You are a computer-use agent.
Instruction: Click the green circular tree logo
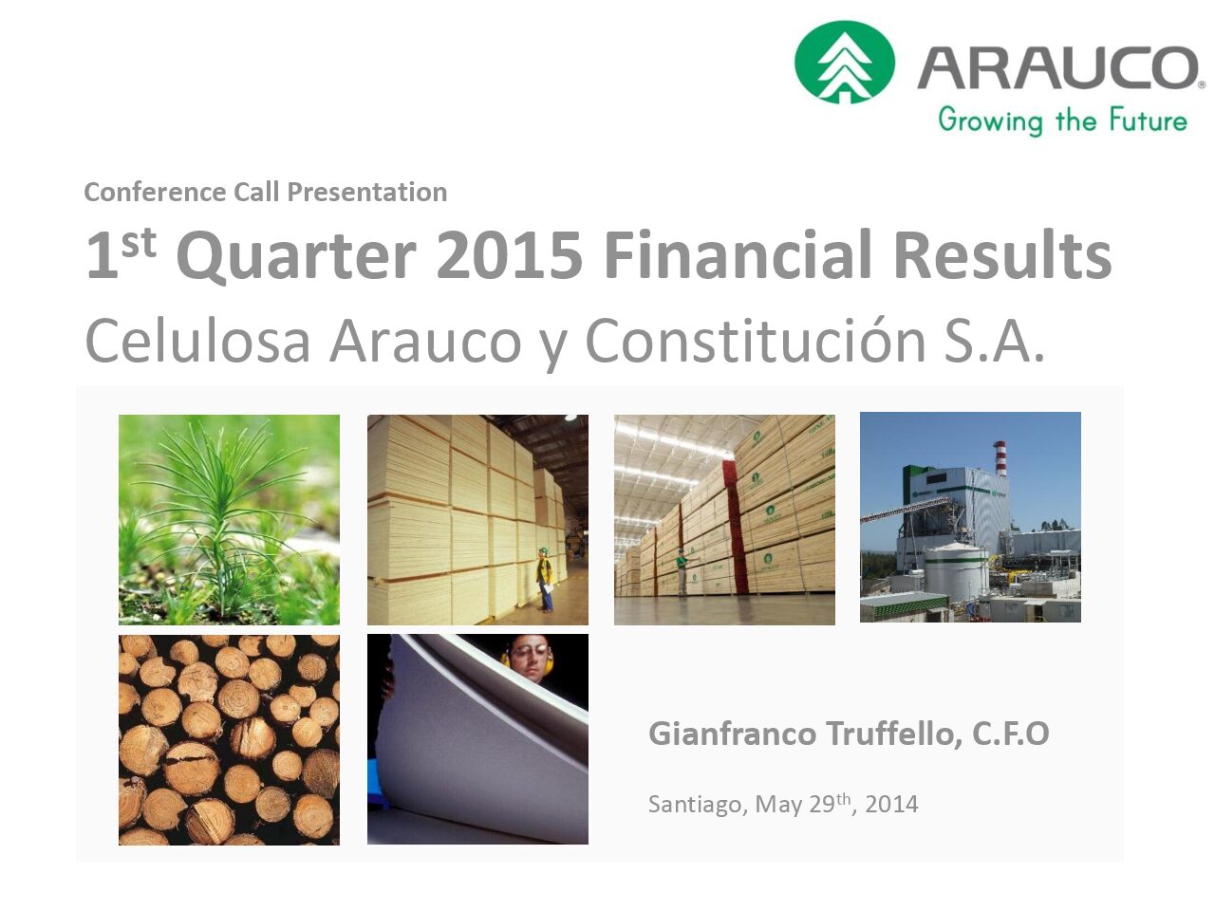point(844,62)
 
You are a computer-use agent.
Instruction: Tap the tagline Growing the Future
point(1062,121)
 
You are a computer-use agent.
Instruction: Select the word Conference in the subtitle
point(155,193)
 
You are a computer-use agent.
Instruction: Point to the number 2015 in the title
point(509,255)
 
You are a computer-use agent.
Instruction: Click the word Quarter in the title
point(296,257)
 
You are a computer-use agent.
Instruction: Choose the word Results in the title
point(1002,254)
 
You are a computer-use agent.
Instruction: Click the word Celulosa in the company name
point(197,342)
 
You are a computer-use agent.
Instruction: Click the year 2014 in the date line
point(891,805)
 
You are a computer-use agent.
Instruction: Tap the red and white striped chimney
point(1000,458)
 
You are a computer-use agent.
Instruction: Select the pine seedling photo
point(229,519)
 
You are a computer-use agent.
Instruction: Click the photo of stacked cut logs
point(229,739)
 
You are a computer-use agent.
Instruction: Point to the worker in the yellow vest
point(545,579)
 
